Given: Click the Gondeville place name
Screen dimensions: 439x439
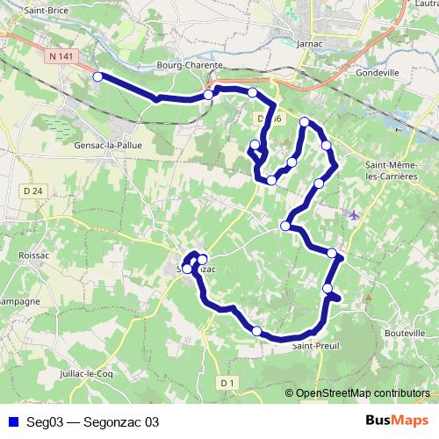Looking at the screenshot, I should (378, 73).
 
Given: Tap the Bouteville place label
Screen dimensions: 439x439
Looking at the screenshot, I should (405, 333).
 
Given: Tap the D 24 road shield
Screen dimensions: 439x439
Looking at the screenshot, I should (34, 191).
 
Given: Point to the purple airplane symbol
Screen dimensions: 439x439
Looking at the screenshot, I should (354, 214).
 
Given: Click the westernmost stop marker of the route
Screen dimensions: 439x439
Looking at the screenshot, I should (97, 77).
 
